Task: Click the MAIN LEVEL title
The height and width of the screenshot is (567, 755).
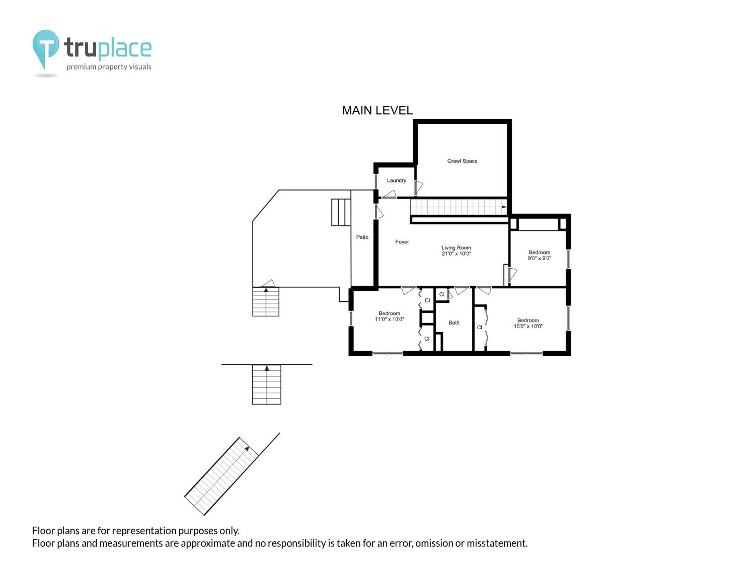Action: coord(377,110)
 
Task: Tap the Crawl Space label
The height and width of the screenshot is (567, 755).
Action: coord(462,161)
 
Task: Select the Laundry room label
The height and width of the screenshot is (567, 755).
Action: coord(396,180)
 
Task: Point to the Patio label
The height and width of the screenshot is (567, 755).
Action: coord(362,237)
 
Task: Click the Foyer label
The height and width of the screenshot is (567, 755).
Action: coord(402,242)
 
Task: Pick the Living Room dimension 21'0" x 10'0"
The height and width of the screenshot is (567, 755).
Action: coord(456,254)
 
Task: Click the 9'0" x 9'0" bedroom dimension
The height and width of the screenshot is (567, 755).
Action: coord(539,258)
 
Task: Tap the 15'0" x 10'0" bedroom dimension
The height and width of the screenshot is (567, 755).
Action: coord(528,326)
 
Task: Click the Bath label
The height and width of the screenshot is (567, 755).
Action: coord(454,323)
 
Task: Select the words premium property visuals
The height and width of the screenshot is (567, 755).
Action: coord(109,67)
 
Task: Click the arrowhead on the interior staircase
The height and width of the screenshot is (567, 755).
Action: coord(504,207)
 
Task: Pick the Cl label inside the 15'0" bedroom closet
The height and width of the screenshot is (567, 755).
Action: coord(480,327)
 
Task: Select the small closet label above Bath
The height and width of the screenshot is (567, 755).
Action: coord(442,294)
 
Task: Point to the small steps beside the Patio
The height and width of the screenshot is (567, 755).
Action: coord(341,212)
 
